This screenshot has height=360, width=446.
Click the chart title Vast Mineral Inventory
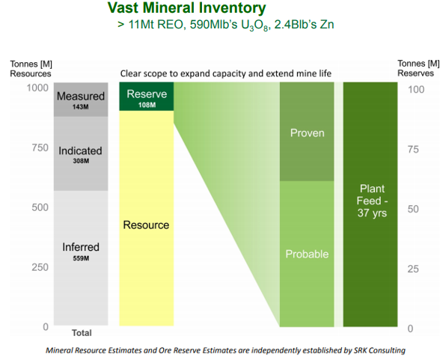click(187, 7)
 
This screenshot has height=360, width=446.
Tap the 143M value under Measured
click(81, 107)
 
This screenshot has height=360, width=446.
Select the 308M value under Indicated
click(81, 161)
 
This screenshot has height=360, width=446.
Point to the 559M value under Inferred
click(81, 258)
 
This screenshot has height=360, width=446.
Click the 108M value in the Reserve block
click(147, 105)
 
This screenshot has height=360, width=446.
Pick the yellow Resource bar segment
click(147, 218)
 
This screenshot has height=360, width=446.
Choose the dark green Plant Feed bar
click(370, 204)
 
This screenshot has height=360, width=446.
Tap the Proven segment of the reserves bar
click(307, 132)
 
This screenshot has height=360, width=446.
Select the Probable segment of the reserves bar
click(307, 254)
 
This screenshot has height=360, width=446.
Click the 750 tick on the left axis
click(40, 147)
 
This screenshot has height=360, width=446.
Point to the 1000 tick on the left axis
click(37, 88)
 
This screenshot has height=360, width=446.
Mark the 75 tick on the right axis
click(413, 150)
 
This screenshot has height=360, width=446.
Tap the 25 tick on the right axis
click(413, 269)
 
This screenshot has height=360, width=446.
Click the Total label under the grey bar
click(82, 333)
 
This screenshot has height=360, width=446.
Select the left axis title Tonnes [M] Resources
click(31, 69)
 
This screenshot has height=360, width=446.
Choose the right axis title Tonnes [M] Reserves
click(418, 68)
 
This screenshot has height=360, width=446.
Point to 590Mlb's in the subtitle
click(213, 25)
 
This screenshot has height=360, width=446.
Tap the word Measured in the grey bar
click(81, 97)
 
